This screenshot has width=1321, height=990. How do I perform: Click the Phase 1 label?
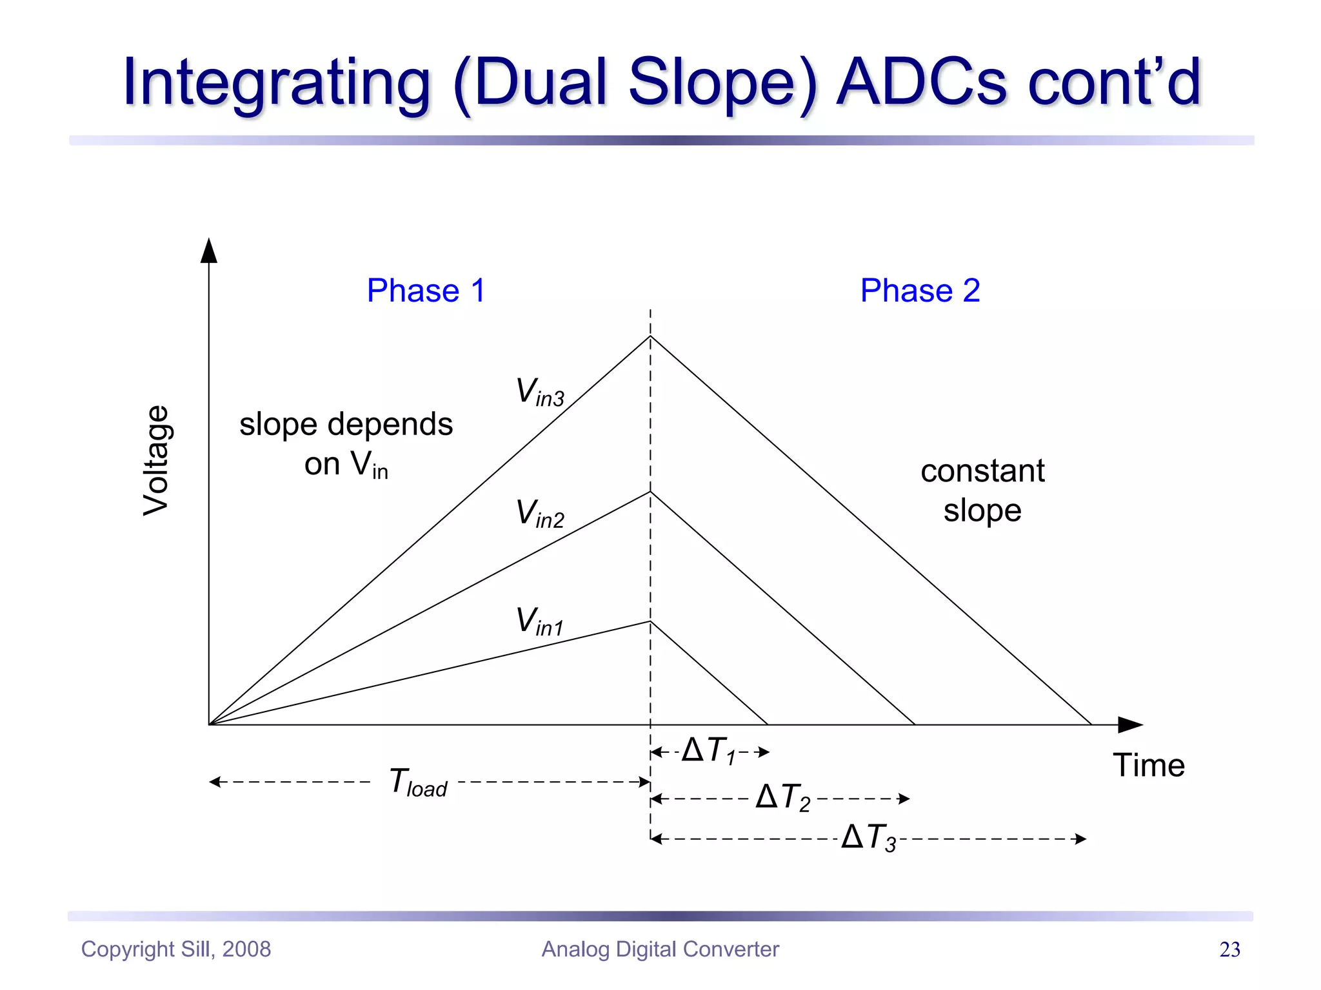pos(426,291)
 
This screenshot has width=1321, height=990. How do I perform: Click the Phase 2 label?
pos(920,291)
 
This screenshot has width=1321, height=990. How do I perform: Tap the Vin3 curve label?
pos(540,392)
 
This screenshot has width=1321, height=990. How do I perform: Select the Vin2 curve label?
pos(540,514)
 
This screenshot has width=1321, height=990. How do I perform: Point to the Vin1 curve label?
pos(540,621)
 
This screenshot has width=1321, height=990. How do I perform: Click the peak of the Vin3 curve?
pos(650,336)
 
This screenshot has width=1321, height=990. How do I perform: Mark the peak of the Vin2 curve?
pos(650,492)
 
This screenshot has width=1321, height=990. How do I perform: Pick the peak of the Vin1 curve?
pos(650,621)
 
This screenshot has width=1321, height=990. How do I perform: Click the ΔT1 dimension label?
pos(709,751)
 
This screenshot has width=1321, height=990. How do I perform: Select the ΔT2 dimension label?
pos(782,797)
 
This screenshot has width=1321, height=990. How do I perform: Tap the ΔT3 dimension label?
pos(869,838)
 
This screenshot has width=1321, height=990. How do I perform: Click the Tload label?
pos(418,782)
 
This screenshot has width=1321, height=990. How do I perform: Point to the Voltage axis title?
pos(156,460)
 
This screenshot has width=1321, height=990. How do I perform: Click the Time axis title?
pos(1149,766)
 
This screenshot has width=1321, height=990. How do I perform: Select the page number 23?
pos(1229,949)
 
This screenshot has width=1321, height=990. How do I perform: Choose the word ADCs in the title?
pos(921,82)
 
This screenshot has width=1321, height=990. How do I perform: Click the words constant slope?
pos(982,490)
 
